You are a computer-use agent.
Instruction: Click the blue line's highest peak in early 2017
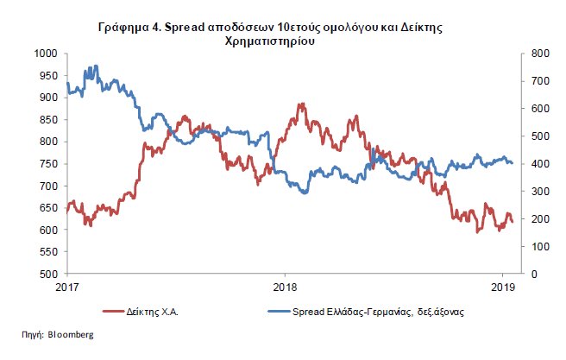point(95,66)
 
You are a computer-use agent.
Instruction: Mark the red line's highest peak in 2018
point(301,104)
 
